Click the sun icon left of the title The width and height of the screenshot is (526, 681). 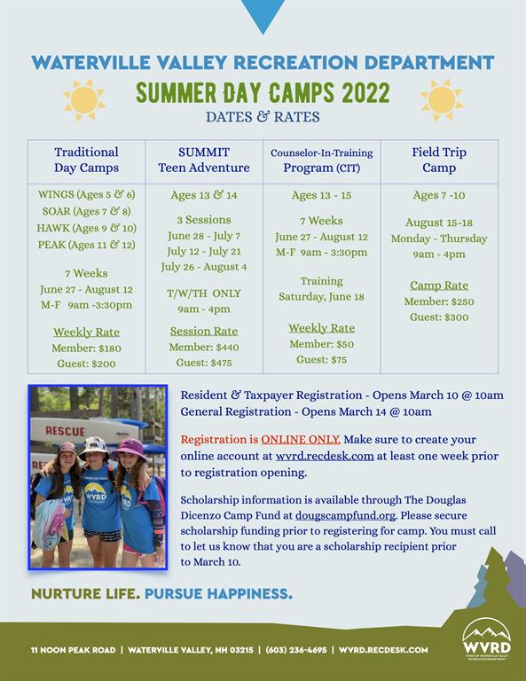click(84, 100)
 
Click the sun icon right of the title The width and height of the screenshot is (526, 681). click(442, 100)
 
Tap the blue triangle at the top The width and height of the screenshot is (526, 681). click(263, 15)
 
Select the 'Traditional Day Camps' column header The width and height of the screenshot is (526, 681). click(86, 160)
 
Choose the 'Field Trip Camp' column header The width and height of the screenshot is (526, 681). click(439, 160)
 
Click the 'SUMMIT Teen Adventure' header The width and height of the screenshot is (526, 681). click(204, 160)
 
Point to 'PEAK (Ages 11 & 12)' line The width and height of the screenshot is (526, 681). click(86, 245)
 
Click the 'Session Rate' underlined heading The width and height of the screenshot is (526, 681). click(204, 331)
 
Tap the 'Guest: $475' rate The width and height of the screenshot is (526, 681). click(204, 363)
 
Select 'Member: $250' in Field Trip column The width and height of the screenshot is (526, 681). click(439, 301)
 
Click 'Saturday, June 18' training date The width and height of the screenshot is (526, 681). click(321, 297)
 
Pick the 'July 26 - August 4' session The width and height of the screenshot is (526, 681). click(204, 267)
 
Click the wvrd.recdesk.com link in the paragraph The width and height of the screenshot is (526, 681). click(325, 456)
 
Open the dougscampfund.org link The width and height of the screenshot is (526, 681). click(345, 515)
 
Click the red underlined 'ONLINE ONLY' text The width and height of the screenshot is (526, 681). click(301, 440)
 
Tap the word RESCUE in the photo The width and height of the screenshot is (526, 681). click(65, 431)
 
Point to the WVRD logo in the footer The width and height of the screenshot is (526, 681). click(486, 639)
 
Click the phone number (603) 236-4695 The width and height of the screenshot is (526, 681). click(295, 650)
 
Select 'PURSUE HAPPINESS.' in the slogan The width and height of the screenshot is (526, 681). click(218, 594)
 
